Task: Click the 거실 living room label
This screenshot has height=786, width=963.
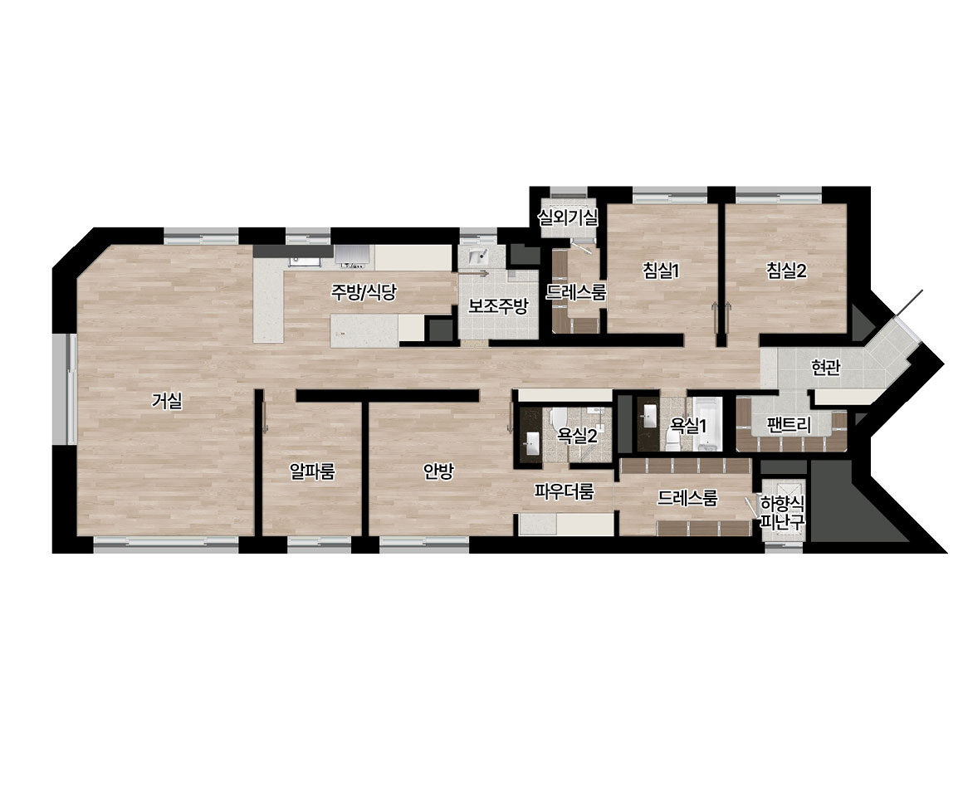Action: (x=167, y=401)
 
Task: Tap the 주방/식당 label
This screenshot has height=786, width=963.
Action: (x=364, y=292)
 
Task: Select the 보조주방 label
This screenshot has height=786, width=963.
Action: (x=498, y=305)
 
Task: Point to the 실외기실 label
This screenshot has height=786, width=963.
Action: (x=568, y=216)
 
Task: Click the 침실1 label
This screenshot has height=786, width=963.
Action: (x=661, y=271)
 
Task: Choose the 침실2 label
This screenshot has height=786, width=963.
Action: (x=786, y=271)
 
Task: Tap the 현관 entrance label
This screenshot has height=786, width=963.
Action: (x=825, y=367)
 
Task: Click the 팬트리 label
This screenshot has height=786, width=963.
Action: (x=789, y=424)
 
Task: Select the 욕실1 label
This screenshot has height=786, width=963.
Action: (x=688, y=424)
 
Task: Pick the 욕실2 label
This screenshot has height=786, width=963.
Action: (x=577, y=436)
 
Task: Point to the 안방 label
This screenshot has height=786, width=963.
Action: (x=438, y=471)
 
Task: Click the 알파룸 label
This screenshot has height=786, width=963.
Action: (x=313, y=471)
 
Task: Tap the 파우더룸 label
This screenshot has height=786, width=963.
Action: (x=564, y=492)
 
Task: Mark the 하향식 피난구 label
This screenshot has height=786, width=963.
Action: (x=782, y=513)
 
